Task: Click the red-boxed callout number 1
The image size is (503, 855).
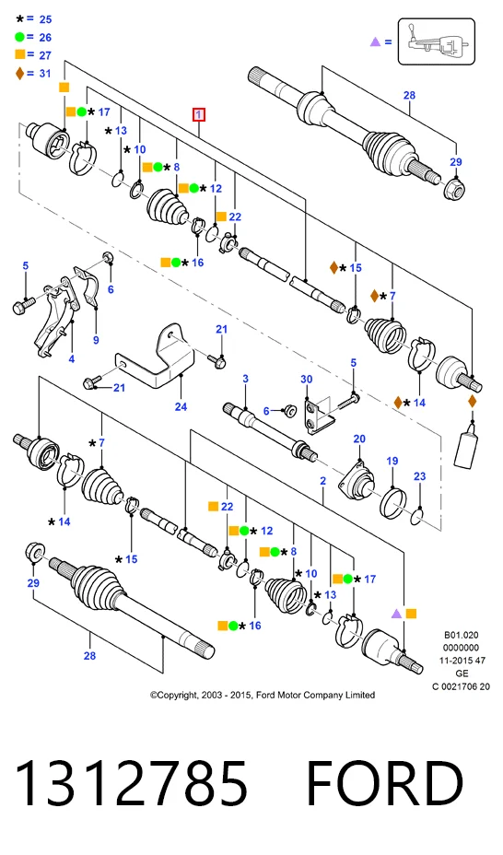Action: [199, 115]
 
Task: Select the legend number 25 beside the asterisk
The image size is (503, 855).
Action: [46, 19]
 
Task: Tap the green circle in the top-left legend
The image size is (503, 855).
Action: [19, 37]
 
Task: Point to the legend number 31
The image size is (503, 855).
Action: [45, 73]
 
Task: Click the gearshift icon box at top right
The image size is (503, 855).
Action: [437, 41]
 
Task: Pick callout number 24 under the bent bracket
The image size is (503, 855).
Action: [181, 407]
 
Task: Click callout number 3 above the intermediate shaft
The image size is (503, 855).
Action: [246, 379]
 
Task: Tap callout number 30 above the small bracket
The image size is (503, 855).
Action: [306, 380]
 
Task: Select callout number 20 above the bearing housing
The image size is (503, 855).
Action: [359, 439]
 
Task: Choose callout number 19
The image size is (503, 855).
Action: [392, 462]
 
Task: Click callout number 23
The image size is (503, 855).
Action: [419, 476]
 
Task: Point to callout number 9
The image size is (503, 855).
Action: [96, 340]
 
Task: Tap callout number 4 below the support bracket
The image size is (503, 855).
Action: [71, 358]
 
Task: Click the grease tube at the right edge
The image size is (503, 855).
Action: [465, 450]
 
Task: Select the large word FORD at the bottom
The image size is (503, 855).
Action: [385, 783]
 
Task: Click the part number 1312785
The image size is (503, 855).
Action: [132, 783]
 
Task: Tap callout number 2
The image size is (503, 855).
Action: [323, 481]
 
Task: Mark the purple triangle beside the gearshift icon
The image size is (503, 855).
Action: [375, 41]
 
